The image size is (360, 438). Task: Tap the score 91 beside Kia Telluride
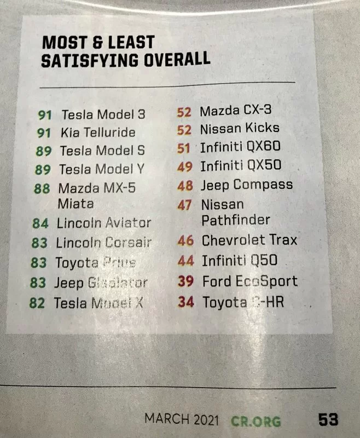(44, 132)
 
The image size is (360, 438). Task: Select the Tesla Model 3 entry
(103, 115)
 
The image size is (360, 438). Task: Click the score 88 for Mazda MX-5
(42, 188)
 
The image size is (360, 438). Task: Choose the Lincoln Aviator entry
(103, 223)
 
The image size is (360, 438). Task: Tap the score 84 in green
(40, 223)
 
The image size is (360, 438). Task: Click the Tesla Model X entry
(98, 302)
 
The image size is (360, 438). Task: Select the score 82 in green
(37, 303)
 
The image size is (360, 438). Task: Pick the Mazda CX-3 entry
(235, 111)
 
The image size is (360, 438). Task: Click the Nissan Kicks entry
(239, 129)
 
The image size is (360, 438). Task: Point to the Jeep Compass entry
(246, 185)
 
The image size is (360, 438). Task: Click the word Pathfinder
(236, 220)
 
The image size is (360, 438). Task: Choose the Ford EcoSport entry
(249, 281)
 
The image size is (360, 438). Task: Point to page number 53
(328, 420)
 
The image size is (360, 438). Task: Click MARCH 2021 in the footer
(182, 420)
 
